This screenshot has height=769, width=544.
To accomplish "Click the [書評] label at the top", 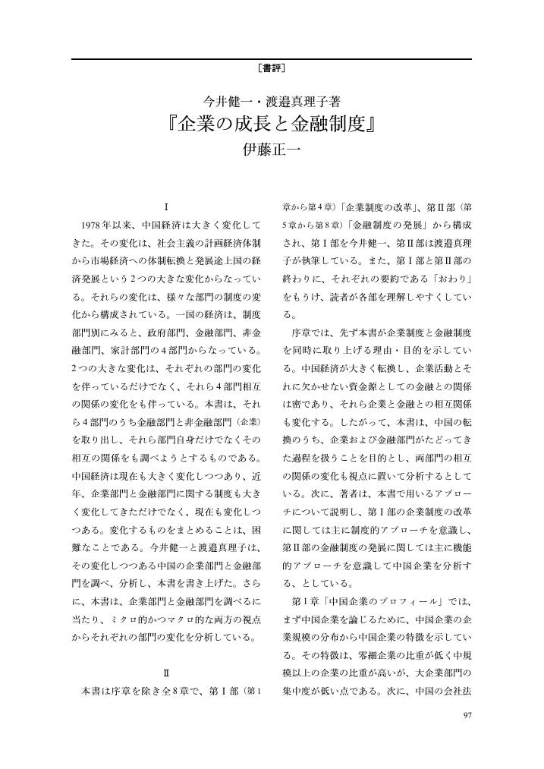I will click(272, 68).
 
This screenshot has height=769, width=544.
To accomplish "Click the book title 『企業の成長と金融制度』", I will click(272, 123).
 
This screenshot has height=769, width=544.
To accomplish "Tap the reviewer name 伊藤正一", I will click(272, 150).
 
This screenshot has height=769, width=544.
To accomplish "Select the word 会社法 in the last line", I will click(458, 693).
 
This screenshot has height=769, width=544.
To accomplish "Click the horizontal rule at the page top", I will click(272, 58).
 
